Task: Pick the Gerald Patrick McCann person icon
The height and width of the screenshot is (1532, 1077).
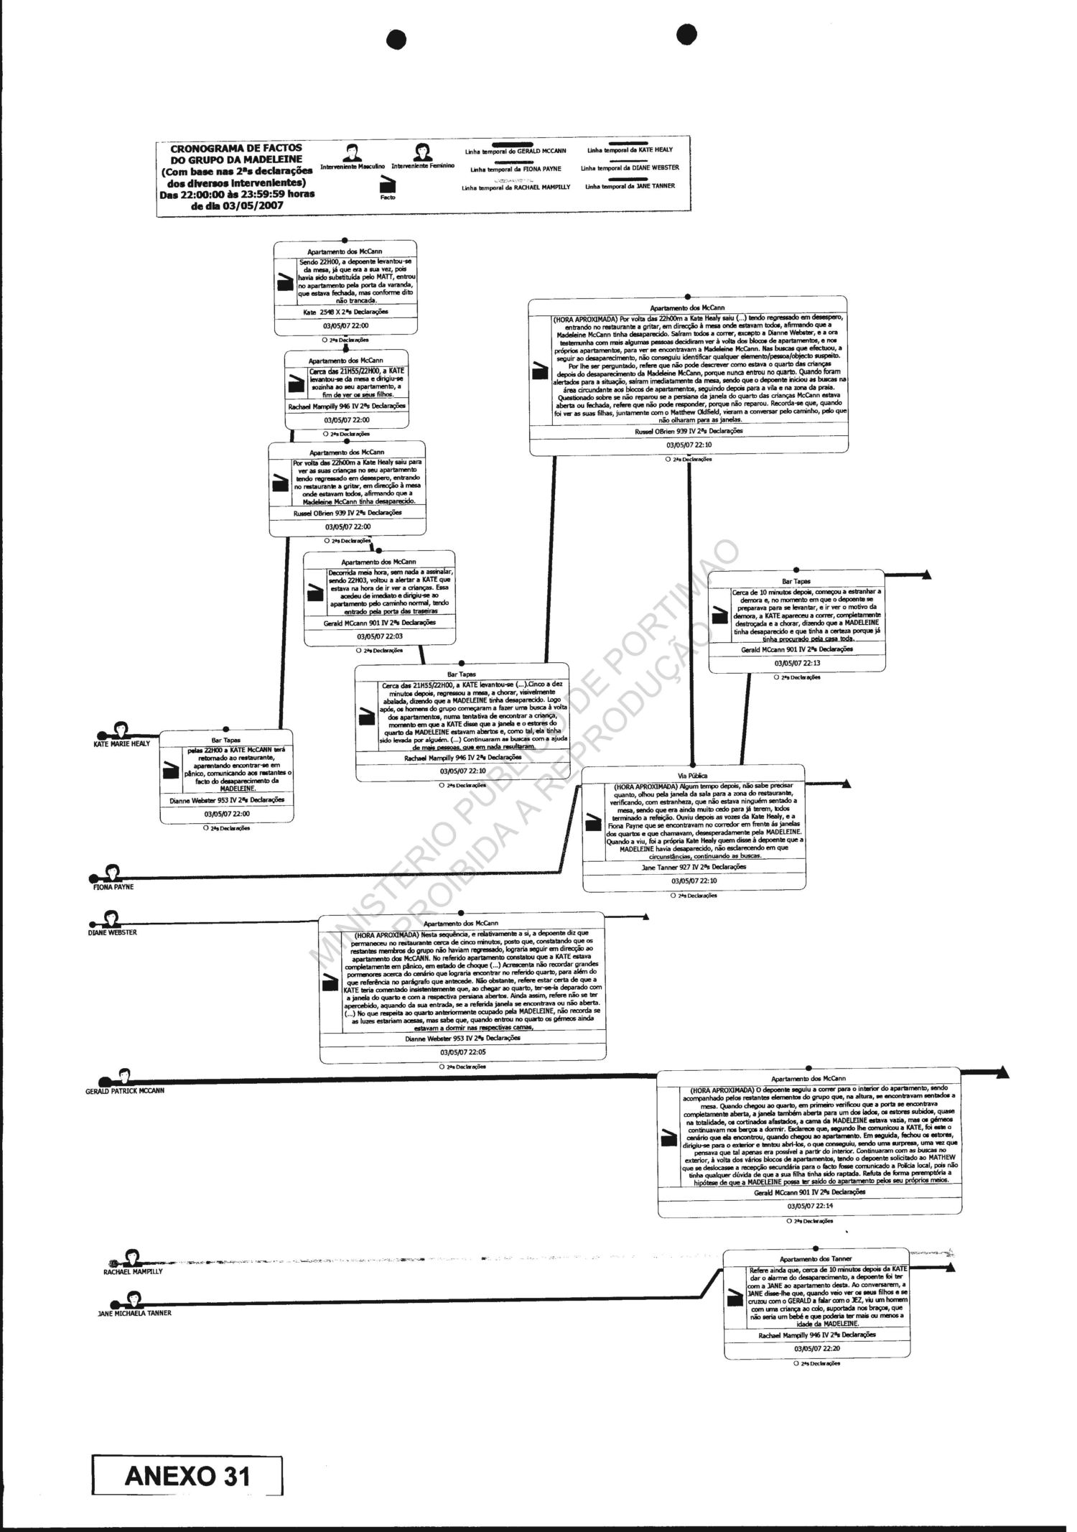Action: pyautogui.click(x=124, y=1075)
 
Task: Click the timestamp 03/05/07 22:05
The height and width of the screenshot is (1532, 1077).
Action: pyautogui.click(x=463, y=1051)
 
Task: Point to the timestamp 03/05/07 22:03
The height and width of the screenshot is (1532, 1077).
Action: pyautogui.click(x=380, y=636)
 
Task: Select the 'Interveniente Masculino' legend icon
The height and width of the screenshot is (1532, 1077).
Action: pyautogui.click(x=351, y=152)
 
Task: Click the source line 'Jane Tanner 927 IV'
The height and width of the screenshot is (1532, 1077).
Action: pyautogui.click(x=693, y=867)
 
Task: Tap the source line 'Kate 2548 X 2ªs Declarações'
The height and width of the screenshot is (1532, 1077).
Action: pyautogui.click(x=345, y=312)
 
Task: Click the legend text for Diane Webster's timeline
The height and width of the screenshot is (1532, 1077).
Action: pyautogui.click(x=630, y=168)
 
